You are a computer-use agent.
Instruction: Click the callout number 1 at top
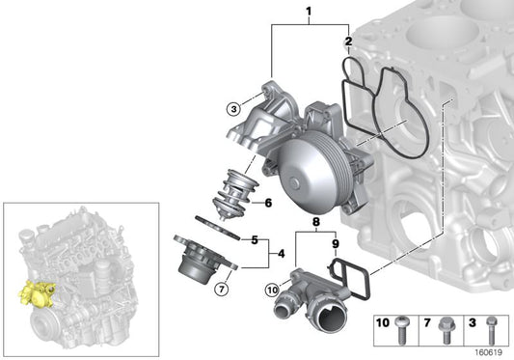tap(309, 13)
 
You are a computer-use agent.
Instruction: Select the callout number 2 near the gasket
tap(349, 42)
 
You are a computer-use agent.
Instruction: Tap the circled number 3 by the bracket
tap(233, 109)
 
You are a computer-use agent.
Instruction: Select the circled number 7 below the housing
tap(221, 288)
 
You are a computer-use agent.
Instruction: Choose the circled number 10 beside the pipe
tap(271, 287)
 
